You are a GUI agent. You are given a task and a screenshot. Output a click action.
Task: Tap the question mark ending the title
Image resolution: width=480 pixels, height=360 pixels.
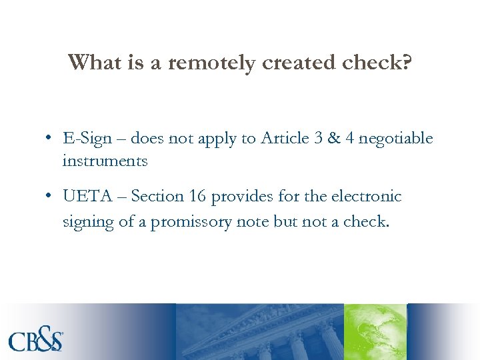(x=406, y=62)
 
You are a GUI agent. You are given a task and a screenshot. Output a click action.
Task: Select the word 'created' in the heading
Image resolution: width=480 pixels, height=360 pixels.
(x=293, y=63)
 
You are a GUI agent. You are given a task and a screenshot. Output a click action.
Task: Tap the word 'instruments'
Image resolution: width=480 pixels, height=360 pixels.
(x=105, y=161)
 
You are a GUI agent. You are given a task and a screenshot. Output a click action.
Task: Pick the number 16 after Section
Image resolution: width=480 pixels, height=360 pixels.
(x=199, y=197)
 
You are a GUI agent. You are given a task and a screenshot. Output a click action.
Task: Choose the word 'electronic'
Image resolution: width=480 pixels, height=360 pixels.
(x=369, y=197)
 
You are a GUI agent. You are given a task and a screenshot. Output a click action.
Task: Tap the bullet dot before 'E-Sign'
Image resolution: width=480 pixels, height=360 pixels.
(x=49, y=139)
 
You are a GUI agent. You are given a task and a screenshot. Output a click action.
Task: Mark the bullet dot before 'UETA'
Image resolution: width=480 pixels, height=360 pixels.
(x=49, y=197)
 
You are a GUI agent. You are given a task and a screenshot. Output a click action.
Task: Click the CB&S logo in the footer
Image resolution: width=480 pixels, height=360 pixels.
(x=37, y=341)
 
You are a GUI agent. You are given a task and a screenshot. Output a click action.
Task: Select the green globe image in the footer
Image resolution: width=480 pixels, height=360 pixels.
(x=375, y=332)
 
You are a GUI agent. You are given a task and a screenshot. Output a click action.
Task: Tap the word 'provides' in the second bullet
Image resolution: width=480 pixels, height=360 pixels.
(x=246, y=197)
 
